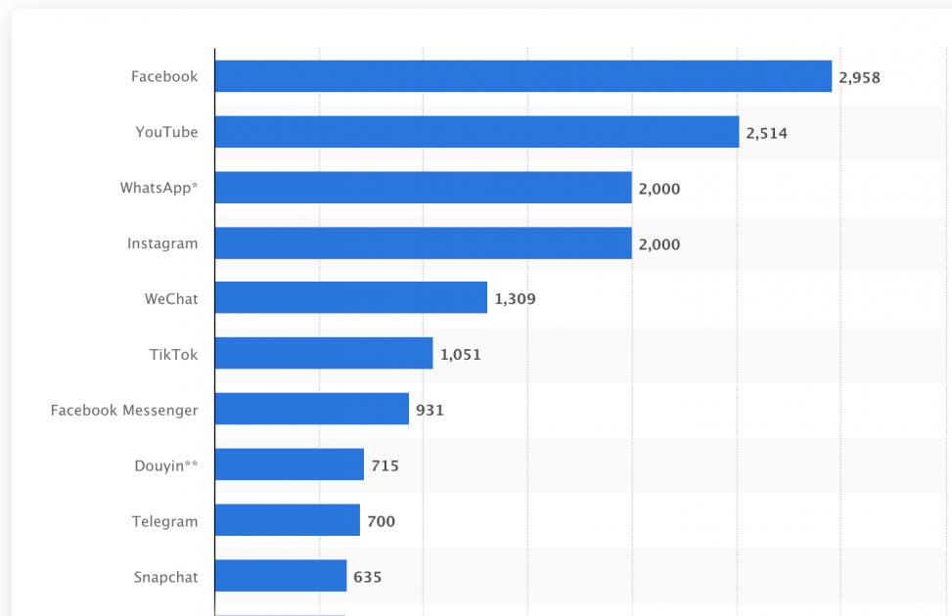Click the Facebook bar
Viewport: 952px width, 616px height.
[522, 76]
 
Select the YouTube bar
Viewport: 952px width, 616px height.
[476, 132]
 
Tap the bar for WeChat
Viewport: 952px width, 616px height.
[350, 298]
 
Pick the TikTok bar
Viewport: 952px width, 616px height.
[323, 354]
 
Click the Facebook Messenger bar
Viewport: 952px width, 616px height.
[311, 410]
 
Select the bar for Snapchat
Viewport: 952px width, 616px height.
[280, 577]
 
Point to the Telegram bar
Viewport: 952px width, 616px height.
[287, 521]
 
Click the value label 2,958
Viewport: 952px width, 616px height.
[859, 77]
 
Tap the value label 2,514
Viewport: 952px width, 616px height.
[766, 133]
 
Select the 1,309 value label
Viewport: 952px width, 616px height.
[515, 299]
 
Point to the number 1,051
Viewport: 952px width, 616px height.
[460, 355]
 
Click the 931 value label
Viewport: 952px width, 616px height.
[430, 411]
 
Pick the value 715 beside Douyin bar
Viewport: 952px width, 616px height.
[385, 466]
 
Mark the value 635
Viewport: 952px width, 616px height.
[367, 577]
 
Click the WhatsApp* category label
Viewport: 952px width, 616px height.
[159, 188]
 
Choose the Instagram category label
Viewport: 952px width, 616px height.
[161, 243]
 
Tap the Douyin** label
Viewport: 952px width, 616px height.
[165, 466]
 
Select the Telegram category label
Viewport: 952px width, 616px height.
[164, 521]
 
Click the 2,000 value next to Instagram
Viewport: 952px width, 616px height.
[658, 244]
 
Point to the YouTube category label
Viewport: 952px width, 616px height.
[166, 132]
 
